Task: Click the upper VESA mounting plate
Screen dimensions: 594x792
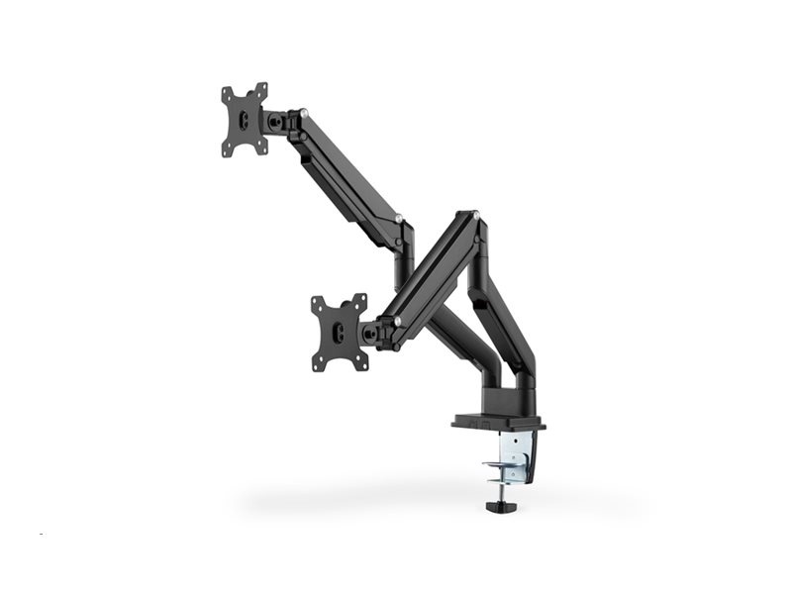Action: (x=245, y=119)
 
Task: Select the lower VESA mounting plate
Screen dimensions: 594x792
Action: (x=339, y=333)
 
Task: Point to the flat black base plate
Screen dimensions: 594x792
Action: (x=498, y=421)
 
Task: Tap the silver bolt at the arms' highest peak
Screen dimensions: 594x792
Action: (x=474, y=214)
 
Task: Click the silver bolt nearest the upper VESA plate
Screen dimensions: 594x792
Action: (x=304, y=112)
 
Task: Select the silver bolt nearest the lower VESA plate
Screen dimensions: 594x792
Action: (x=397, y=320)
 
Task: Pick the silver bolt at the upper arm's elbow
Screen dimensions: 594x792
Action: (x=397, y=218)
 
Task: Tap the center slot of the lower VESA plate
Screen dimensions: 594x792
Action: (x=340, y=334)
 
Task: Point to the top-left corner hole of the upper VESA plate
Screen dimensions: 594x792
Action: (x=227, y=93)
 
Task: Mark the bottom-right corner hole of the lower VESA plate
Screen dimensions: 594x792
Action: (x=363, y=363)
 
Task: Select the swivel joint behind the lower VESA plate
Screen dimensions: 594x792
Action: (x=374, y=333)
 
